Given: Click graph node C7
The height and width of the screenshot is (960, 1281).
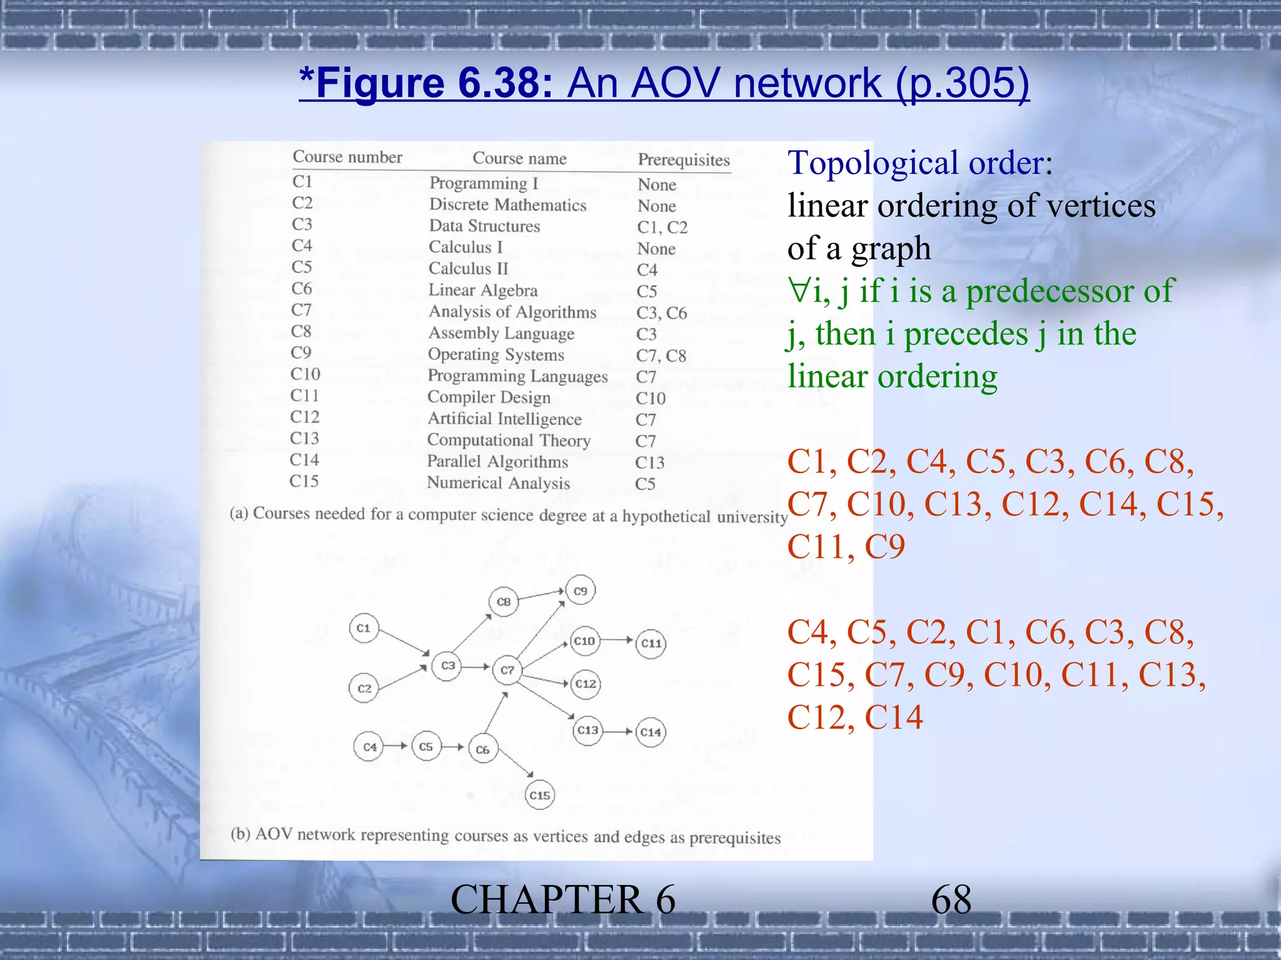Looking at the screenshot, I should [x=507, y=670].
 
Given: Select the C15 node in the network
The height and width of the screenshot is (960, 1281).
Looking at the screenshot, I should [x=539, y=795].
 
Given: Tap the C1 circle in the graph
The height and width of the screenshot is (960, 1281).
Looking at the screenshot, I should [x=363, y=628].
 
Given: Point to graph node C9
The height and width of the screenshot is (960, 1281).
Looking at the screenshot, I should [x=580, y=591].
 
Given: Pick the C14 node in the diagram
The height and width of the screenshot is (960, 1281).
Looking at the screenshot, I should [x=651, y=732].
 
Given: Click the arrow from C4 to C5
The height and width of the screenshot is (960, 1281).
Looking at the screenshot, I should [x=395, y=746].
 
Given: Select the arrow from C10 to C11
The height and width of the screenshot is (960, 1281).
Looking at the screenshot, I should [x=617, y=640].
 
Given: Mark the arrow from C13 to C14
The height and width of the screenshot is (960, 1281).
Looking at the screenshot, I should [x=619, y=731].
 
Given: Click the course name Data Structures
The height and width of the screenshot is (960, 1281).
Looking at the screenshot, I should [x=484, y=226].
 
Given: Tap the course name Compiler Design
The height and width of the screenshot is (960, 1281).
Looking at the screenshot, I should [x=489, y=397].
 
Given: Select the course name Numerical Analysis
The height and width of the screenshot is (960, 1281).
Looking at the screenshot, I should [x=498, y=483].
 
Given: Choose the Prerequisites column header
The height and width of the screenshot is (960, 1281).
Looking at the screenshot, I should [x=684, y=160].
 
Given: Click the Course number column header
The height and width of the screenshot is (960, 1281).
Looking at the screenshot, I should [x=347, y=157].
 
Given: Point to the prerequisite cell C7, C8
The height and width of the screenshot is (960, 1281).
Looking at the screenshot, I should [x=661, y=356].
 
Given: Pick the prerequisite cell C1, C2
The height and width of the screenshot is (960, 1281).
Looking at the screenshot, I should [x=662, y=227].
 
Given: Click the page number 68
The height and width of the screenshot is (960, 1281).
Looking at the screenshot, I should [x=951, y=900].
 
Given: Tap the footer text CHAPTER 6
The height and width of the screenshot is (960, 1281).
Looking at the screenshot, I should [x=563, y=900].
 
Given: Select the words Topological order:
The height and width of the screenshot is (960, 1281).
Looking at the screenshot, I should [x=920, y=163].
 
